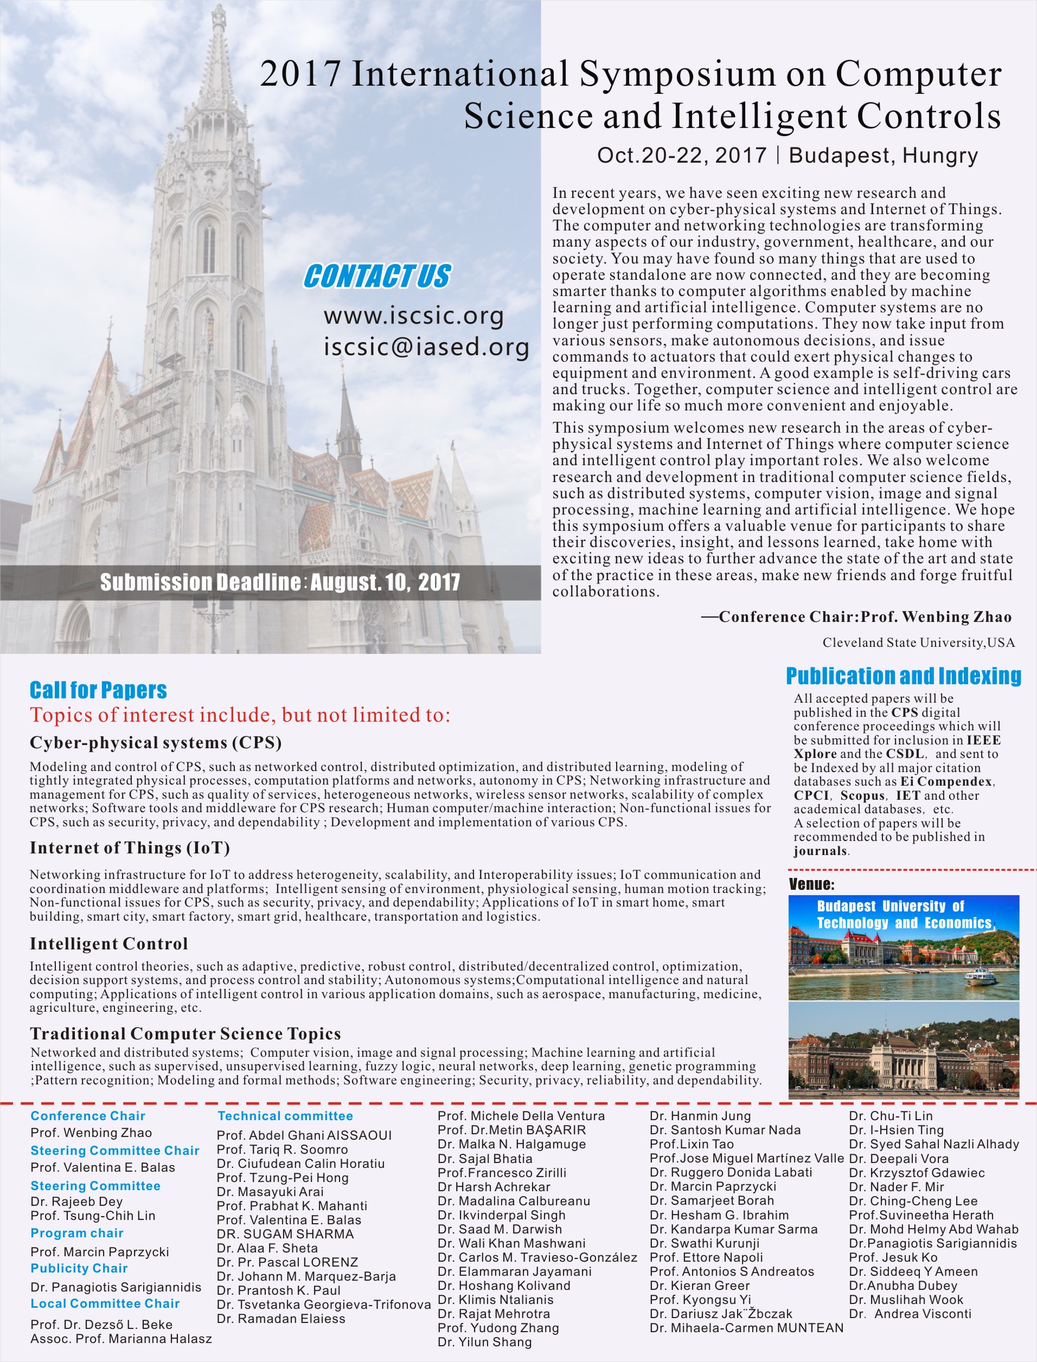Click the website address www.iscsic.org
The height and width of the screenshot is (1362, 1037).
coord(414,316)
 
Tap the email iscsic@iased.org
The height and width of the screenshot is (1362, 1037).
coord(426,347)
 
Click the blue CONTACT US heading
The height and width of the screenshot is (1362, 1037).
coord(377,276)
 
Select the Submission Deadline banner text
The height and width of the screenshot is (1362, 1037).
coord(280,582)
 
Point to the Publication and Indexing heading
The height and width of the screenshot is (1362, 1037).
coord(903,676)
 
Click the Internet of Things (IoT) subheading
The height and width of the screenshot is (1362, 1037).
coord(130,848)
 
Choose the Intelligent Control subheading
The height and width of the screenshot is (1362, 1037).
coord(108,943)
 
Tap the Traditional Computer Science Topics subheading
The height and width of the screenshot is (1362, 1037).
coord(185,1033)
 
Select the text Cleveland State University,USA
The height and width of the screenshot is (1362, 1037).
coord(918,643)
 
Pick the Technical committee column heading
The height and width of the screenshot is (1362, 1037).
coord(285,1116)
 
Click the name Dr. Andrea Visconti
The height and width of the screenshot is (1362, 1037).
coord(911,1313)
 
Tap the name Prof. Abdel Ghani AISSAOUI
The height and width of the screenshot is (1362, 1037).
coord(304,1135)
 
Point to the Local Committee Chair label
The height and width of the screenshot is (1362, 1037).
coord(105,1303)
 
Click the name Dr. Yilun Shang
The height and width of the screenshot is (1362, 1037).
coord(484,1341)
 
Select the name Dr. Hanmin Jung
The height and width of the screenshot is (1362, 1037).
coord(700,1116)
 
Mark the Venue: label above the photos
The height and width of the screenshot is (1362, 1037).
coord(811,884)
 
